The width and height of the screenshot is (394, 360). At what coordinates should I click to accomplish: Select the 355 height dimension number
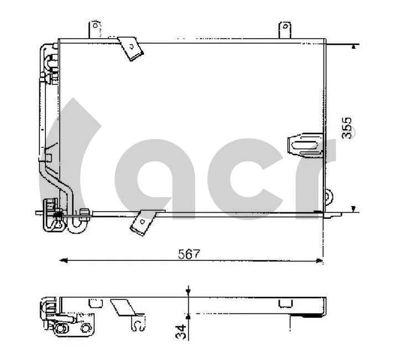click(x=347, y=128)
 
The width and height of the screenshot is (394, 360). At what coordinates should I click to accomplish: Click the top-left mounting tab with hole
click(x=95, y=29)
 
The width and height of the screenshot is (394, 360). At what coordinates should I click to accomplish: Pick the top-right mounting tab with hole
click(x=284, y=29)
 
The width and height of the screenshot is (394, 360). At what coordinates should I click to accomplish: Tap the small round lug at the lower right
click(x=329, y=195)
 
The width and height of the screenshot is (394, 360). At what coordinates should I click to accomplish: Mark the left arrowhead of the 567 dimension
click(x=63, y=259)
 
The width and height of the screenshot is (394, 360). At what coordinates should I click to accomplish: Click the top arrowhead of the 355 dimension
click(x=354, y=47)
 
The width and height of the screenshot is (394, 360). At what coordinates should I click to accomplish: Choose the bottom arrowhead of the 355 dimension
click(x=354, y=208)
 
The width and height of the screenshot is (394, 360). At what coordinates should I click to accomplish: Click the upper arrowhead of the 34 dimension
click(x=188, y=291)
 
